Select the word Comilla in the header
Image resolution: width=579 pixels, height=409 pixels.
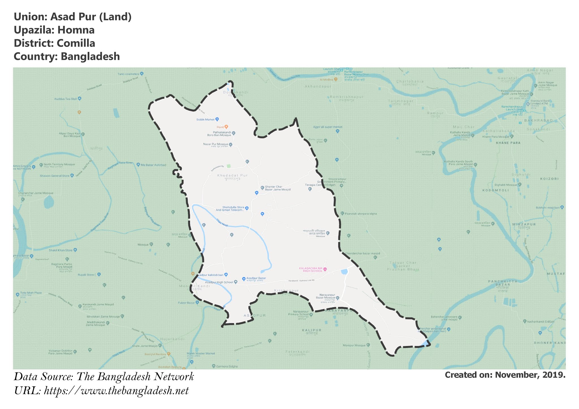pos(76,43)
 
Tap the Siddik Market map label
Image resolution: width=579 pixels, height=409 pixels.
pos(206,119)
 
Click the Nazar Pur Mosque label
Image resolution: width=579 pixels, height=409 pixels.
pos(215,144)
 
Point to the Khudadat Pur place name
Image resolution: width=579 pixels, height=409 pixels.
pos(232,175)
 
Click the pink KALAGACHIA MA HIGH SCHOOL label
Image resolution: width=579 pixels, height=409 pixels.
pos(310,269)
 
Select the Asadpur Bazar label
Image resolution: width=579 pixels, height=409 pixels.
pos(256,278)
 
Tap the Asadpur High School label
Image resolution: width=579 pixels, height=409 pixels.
pos(219,282)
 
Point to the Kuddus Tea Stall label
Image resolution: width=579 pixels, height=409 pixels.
pos(66,99)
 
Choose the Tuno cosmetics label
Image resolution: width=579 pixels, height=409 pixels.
pos(128,74)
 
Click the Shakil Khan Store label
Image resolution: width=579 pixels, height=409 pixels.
pos(61,250)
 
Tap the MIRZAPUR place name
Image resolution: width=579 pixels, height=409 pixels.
pos(524,224)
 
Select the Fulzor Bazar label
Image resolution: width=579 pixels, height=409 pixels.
pos(186,303)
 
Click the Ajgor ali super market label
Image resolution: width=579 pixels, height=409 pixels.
pos(327,127)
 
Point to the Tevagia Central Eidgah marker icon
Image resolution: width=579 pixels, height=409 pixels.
pos(310,189)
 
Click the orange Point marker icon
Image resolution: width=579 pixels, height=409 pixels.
pos(226,127)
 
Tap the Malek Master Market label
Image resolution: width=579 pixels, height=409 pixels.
pos(201,353)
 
